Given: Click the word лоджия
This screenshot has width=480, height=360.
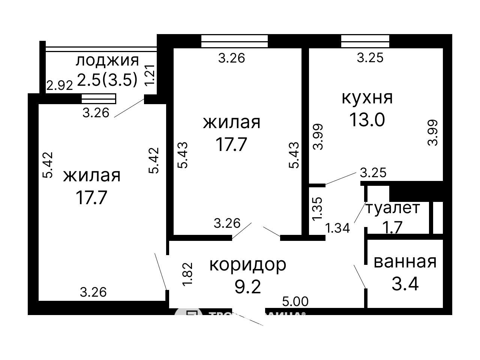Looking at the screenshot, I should point(107,60).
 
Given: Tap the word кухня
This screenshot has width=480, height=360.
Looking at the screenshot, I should point(367,97).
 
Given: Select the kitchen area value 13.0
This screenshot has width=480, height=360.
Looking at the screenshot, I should point(367,120).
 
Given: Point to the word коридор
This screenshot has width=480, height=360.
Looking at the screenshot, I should point(247,264).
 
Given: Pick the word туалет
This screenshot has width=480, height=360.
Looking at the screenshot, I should point(392,208).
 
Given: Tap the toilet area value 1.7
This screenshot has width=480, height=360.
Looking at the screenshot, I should point(392,227).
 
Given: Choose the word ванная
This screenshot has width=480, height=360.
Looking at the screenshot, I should point(405,262).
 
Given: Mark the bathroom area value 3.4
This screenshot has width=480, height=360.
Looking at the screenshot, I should point(405,284).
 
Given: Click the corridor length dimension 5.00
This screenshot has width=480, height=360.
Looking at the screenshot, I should point(295,301).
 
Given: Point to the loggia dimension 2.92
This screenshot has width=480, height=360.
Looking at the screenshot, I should point(59,86).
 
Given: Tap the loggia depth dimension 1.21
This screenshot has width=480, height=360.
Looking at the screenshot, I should point(150,75).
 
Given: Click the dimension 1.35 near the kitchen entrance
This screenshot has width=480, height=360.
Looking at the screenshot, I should point(317,209).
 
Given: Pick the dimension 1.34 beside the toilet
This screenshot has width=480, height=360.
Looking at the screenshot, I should point(337,228).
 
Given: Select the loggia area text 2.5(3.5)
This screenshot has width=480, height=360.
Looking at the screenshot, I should point(107,79).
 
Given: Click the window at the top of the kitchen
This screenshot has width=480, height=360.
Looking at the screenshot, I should point(365,41).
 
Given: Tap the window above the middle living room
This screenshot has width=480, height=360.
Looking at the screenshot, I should point(234,41).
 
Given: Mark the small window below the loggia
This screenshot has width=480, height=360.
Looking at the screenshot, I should point(99,99).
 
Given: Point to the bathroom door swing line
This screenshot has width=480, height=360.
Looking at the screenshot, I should point(360,276).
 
